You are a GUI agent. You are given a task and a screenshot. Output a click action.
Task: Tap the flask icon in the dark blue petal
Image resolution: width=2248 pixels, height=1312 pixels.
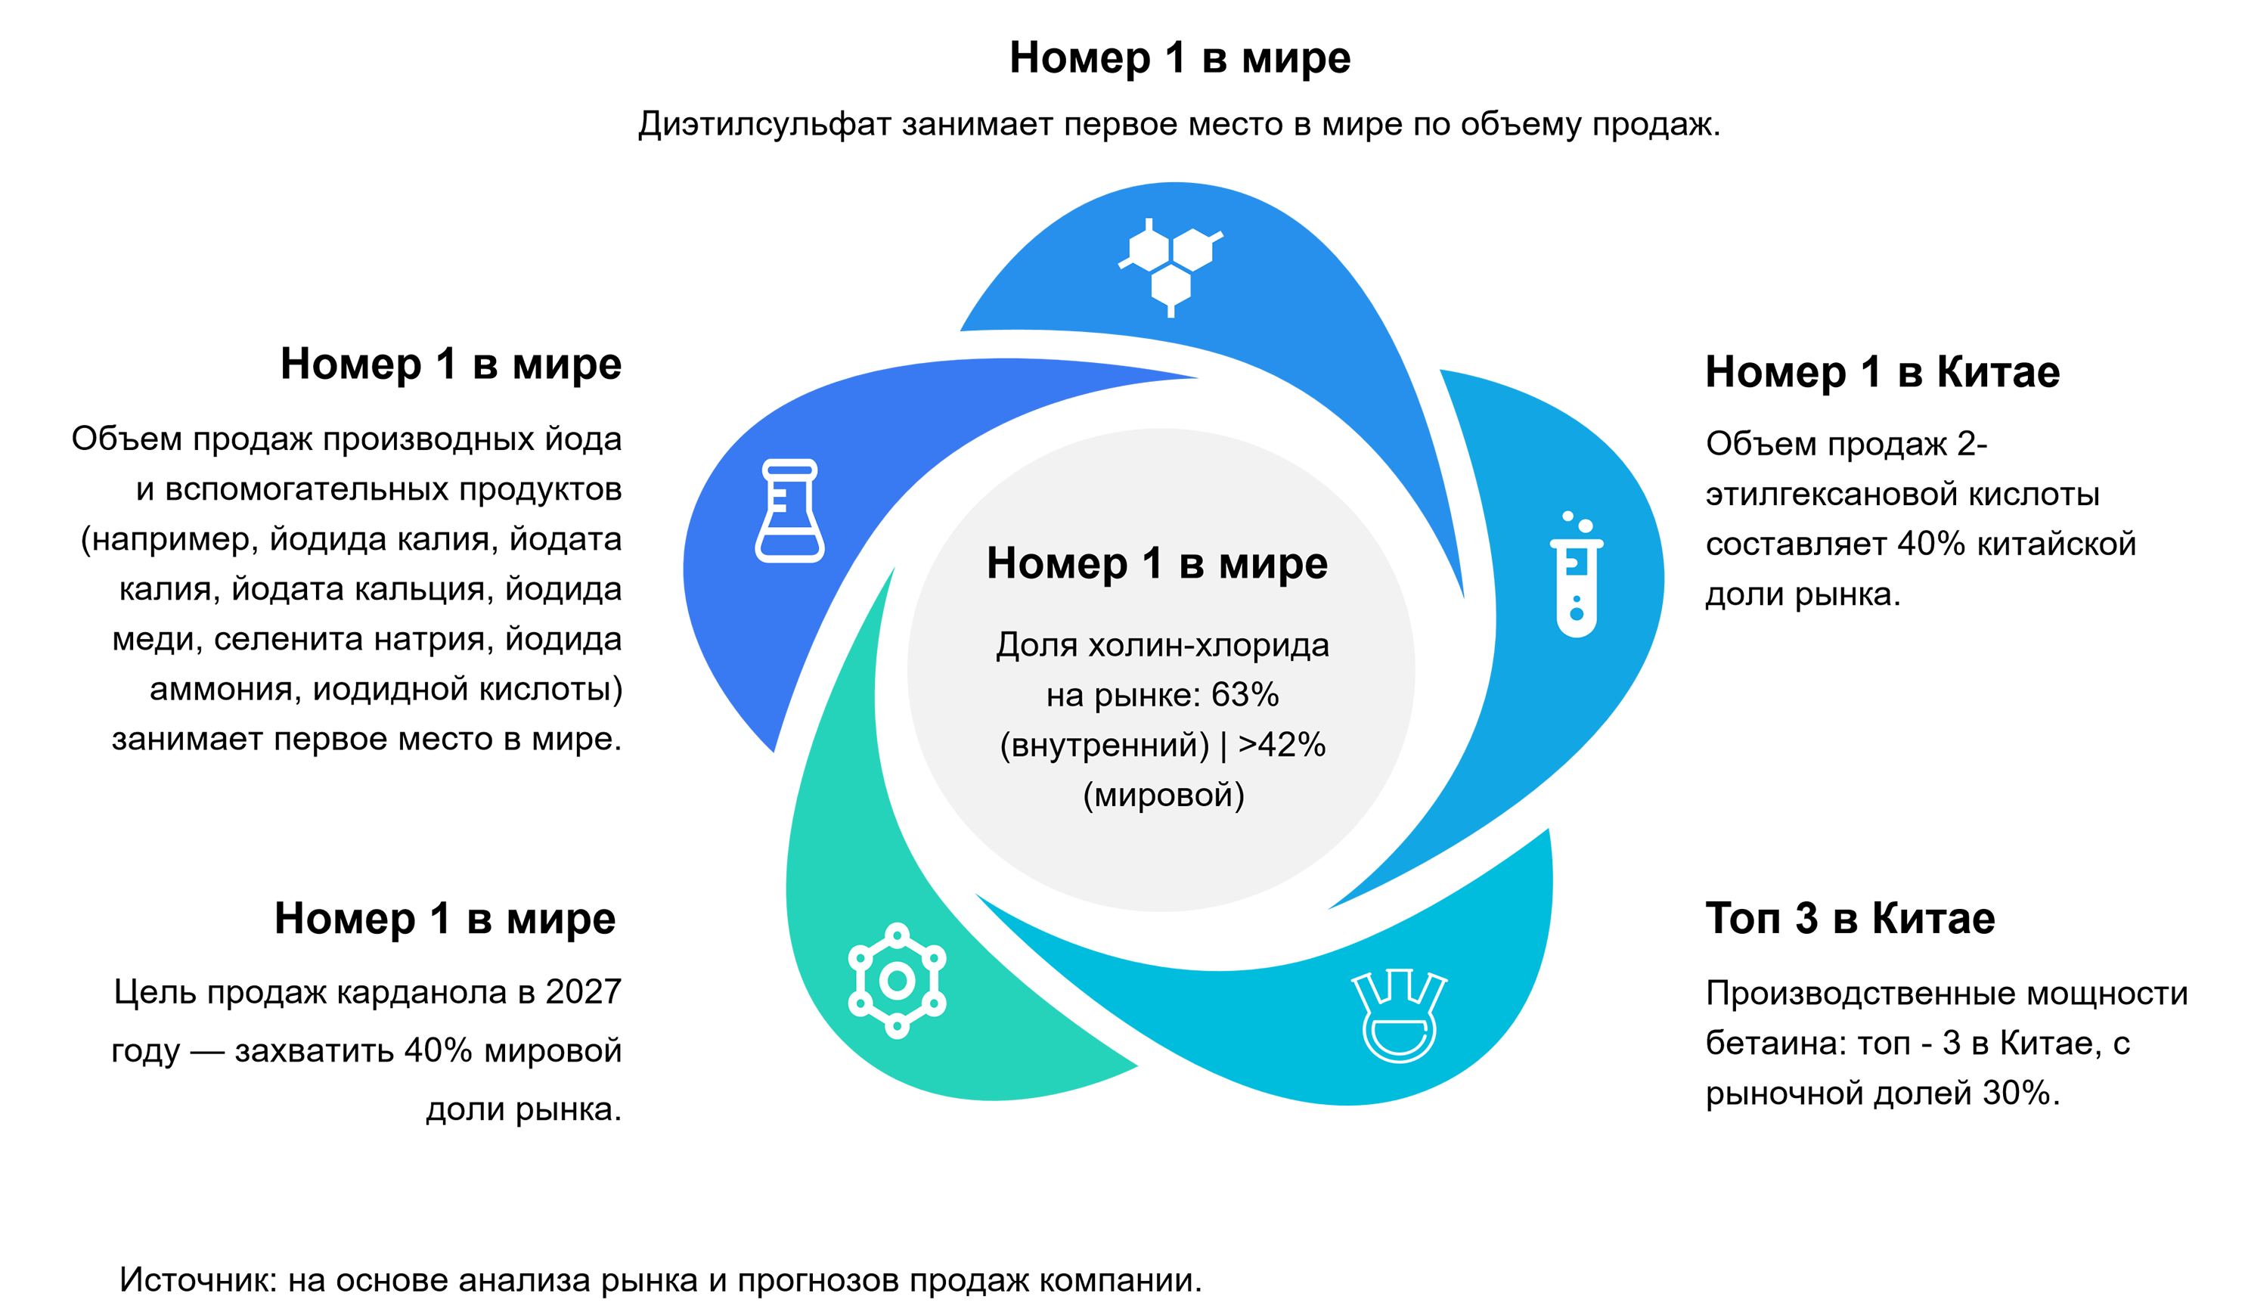pos(789,511)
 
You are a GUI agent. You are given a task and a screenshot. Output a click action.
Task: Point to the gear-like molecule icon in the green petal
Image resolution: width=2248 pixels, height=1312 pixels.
pos(898,981)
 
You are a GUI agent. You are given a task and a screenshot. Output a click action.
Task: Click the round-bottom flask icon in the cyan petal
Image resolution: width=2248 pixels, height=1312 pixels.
pos(1399,1016)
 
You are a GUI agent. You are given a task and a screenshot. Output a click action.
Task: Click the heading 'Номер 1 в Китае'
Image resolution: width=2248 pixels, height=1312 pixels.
pos(1882,372)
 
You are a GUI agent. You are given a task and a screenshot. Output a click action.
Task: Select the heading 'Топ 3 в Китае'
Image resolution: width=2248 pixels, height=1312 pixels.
pos(1850,918)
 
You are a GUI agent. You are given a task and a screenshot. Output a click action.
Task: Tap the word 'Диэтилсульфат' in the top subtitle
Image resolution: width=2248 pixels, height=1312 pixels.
pos(764,124)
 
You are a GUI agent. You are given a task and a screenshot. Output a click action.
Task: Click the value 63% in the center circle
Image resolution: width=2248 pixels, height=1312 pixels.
pos(1245,695)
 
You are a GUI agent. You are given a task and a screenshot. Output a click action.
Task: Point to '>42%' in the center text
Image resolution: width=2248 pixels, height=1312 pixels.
pos(1282,745)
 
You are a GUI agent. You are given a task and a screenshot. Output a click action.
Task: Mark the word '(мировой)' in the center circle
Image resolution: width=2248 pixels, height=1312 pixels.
pos(1163,796)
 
